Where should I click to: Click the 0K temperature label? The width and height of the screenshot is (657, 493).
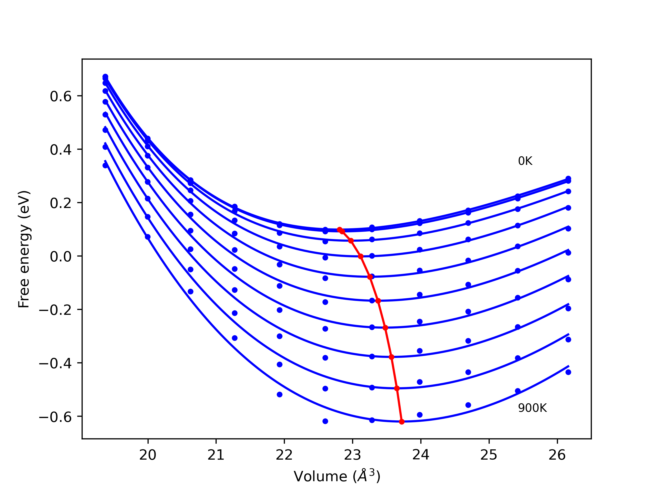(x=525, y=161)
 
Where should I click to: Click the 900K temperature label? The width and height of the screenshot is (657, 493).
(x=532, y=408)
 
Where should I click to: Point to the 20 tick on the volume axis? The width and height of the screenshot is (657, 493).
(x=148, y=455)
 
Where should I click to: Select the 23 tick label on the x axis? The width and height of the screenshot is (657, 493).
(x=353, y=455)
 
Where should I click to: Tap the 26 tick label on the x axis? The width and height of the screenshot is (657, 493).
(x=557, y=455)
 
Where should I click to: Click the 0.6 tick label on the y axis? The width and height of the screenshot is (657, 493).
(x=61, y=96)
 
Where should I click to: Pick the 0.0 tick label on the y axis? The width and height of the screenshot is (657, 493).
(x=61, y=257)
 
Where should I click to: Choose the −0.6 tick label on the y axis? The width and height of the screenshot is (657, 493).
(x=55, y=417)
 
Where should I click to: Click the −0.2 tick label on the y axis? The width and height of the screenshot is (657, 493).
(x=55, y=310)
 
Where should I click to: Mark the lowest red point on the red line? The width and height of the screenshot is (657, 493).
(x=402, y=422)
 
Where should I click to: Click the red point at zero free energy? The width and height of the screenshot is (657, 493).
(x=361, y=256)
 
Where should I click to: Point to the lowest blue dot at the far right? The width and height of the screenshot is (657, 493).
(x=568, y=372)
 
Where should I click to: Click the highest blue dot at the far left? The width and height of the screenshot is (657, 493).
(x=105, y=77)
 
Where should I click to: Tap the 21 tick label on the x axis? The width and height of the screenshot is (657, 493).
(x=216, y=455)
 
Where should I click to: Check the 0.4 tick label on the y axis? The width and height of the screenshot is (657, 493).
(x=61, y=150)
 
